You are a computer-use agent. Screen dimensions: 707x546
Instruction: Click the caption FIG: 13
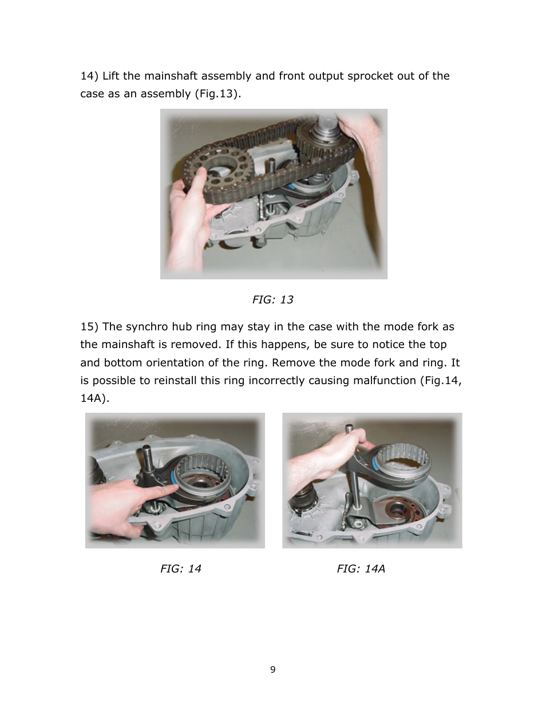click(272, 299)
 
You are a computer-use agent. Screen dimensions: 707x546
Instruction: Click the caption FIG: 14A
click(361, 568)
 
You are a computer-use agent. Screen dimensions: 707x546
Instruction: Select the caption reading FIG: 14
click(180, 568)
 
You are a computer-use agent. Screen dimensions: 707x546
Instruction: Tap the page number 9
click(272, 669)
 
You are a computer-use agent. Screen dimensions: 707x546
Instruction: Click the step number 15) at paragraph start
click(90, 327)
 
